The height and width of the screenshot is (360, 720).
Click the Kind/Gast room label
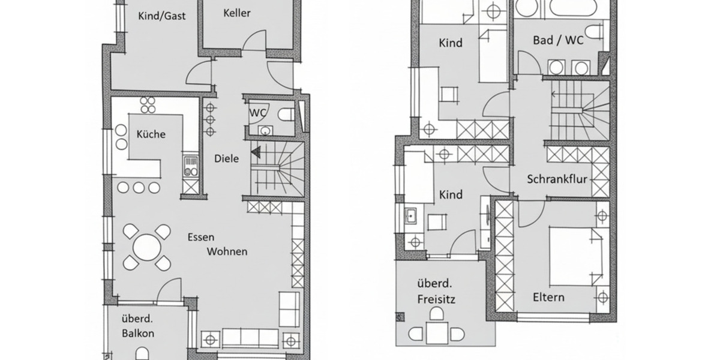click(x=161, y=16)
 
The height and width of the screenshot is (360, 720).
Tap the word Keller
click(x=237, y=13)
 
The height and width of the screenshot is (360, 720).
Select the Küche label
click(x=151, y=134)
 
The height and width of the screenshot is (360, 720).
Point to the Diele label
click(x=227, y=159)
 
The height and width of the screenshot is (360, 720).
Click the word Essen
click(x=200, y=237)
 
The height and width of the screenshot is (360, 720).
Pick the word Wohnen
click(x=227, y=251)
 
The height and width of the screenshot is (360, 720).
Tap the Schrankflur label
click(x=557, y=179)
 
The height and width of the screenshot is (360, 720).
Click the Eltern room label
click(x=548, y=297)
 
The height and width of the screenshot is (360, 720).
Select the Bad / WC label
click(x=558, y=40)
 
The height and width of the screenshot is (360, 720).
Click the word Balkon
click(x=138, y=333)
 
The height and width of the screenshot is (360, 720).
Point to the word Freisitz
click(x=436, y=298)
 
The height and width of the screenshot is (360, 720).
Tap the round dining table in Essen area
click(x=146, y=246)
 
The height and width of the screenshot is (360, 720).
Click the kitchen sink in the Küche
click(x=191, y=166)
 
